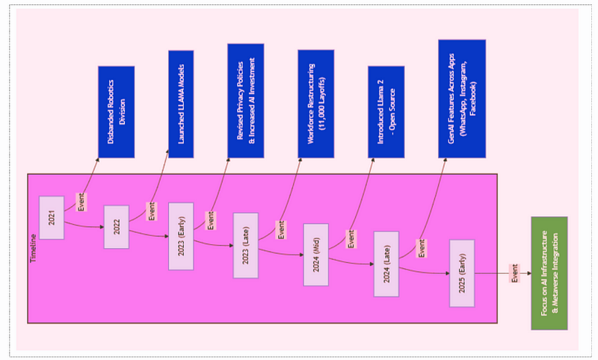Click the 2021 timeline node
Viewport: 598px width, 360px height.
click(x=52, y=217)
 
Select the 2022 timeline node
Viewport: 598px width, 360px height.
click(x=116, y=227)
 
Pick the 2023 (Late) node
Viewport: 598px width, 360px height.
click(x=245, y=246)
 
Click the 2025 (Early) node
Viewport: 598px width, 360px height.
click(x=462, y=273)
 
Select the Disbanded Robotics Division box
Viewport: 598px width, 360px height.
click(x=116, y=112)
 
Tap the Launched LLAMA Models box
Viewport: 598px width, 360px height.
click(x=181, y=104)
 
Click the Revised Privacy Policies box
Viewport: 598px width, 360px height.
click(x=245, y=101)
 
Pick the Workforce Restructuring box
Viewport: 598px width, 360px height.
click(x=315, y=104)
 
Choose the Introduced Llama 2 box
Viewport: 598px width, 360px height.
click(x=386, y=112)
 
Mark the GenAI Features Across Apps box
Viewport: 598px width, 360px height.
click(x=462, y=99)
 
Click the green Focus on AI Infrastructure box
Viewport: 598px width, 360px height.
click(x=549, y=273)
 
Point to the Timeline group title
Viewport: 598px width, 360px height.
click(x=34, y=246)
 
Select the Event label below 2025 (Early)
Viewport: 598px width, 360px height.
click(x=514, y=273)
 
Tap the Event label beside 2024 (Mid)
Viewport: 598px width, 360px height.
click(x=351, y=240)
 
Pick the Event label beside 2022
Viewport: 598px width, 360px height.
click(x=151, y=211)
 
